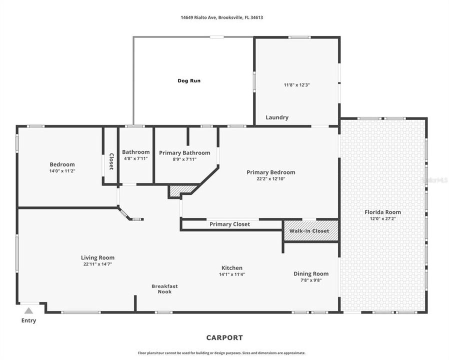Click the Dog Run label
point(189,80)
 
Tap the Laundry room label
point(276,117)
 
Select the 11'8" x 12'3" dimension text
point(296,85)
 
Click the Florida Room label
point(383,212)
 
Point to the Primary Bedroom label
point(270,172)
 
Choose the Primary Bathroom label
point(184,153)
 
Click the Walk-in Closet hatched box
point(310,230)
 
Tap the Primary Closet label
point(229,224)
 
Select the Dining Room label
point(310,273)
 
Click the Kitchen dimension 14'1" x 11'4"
point(231,274)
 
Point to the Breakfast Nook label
point(164,289)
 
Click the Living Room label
point(97,258)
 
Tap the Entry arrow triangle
point(29,311)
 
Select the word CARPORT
point(224,337)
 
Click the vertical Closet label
point(111,161)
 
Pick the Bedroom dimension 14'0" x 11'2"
point(62,171)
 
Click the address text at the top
point(222,17)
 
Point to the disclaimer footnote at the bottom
point(221,353)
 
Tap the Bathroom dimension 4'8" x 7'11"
point(135,159)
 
